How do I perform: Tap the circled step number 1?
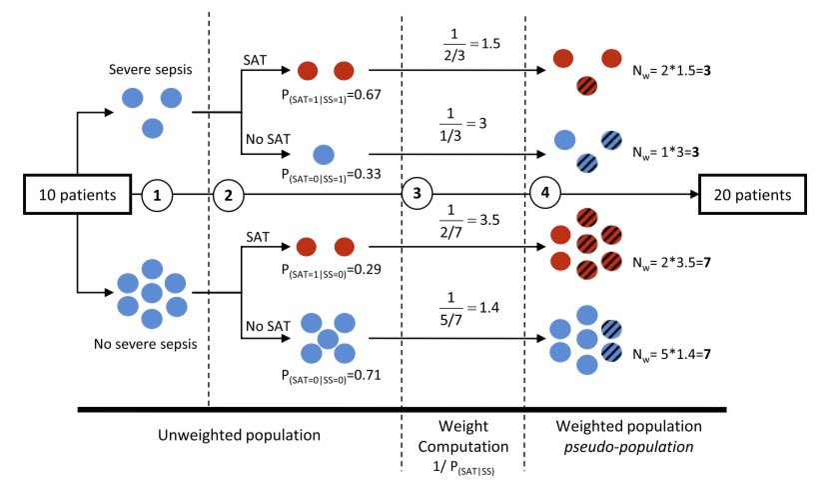coord(156,194)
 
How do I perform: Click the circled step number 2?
coord(229,194)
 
